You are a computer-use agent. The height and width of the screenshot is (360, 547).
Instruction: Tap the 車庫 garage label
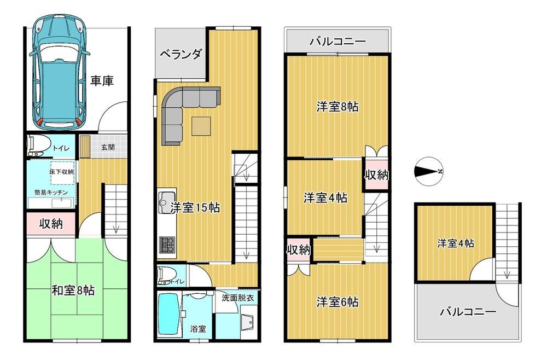[102, 81]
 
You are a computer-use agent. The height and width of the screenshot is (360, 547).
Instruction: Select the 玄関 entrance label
[108, 147]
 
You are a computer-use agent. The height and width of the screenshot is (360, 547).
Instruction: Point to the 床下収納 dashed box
[62, 172]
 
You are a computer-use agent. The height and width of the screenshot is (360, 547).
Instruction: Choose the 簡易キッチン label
[51, 192]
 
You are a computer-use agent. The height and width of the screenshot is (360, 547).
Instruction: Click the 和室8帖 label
[73, 290]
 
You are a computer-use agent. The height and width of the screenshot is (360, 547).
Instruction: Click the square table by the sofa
[201, 126]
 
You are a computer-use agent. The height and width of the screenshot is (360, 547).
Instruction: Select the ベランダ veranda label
[181, 54]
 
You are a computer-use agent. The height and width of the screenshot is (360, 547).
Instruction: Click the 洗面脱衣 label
[237, 299]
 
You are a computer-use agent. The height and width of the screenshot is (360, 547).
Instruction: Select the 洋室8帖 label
[337, 106]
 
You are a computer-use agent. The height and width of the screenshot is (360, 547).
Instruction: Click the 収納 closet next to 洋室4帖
[377, 175]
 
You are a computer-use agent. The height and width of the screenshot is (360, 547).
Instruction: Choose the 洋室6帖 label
[337, 302]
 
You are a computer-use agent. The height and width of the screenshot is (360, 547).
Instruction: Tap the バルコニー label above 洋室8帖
[337, 42]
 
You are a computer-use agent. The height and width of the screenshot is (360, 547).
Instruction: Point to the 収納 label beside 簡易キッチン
[51, 223]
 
